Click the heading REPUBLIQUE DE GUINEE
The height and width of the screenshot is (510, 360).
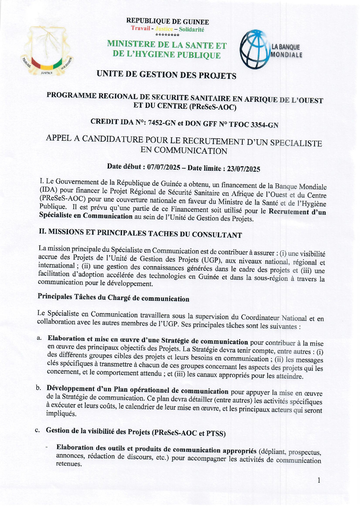[x=168, y=22]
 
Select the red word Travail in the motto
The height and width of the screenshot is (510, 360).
[x=141, y=28]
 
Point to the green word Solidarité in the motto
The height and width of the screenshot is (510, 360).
[x=191, y=29]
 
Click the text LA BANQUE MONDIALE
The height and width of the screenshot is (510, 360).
[x=286, y=51]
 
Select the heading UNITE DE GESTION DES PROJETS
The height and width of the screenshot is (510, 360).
[x=166, y=75]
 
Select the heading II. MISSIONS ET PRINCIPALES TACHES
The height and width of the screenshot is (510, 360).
[x=140, y=233]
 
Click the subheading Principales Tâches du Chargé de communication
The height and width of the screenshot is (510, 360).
[x=113, y=298]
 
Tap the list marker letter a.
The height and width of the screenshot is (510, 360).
[x=39, y=338]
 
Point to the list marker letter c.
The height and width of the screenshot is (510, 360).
[x=37, y=430]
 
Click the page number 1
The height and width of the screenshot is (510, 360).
[x=319, y=480]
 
